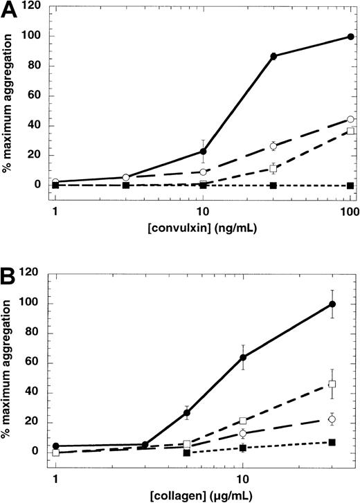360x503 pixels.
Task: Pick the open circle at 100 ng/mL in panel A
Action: pyautogui.click(x=350, y=120)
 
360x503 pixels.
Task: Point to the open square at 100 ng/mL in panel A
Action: pyautogui.click(x=350, y=131)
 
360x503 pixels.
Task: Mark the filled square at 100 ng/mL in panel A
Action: pyautogui.click(x=350, y=185)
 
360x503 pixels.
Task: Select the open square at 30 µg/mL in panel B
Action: pyautogui.click(x=332, y=384)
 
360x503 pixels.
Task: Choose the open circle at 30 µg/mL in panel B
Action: pyautogui.click(x=332, y=419)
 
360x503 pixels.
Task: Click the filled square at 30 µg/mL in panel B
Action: pyautogui.click(x=332, y=442)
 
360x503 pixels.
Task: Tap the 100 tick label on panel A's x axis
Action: pyautogui.click(x=350, y=211)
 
